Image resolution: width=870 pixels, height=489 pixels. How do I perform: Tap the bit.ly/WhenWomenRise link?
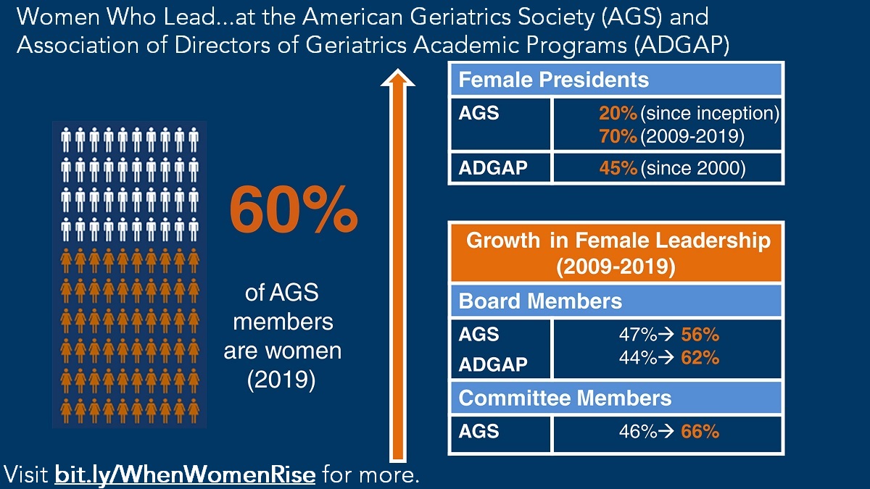[x=185, y=475]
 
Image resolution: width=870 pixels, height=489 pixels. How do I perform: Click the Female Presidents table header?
[x=554, y=79]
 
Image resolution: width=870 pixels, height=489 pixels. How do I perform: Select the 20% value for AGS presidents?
[x=618, y=114]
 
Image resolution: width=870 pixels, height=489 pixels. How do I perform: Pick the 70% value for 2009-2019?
[x=618, y=135]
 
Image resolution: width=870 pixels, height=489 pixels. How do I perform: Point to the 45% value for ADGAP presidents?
[x=618, y=169]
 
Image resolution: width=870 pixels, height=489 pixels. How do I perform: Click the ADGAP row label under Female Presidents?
[x=493, y=169]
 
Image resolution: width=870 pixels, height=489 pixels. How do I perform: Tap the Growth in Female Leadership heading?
[x=615, y=253]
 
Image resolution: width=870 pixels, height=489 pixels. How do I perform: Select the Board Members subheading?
[x=540, y=301]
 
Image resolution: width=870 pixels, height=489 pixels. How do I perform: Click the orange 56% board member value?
[x=700, y=335]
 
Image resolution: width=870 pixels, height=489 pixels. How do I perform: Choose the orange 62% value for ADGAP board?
[x=700, y=357]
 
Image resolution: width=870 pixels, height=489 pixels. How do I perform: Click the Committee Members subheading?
[x=565, y=398]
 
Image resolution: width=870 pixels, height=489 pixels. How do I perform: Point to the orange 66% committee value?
[x=700, y=432]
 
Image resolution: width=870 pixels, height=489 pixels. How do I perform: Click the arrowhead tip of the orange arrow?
[x=397, y=72]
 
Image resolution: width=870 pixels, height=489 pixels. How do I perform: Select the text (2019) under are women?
[x=281, y=381]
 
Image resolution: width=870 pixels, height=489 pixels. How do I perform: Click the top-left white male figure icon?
[x=65, y=138]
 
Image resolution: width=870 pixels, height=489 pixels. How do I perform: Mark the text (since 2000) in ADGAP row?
[x=693, y=169]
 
